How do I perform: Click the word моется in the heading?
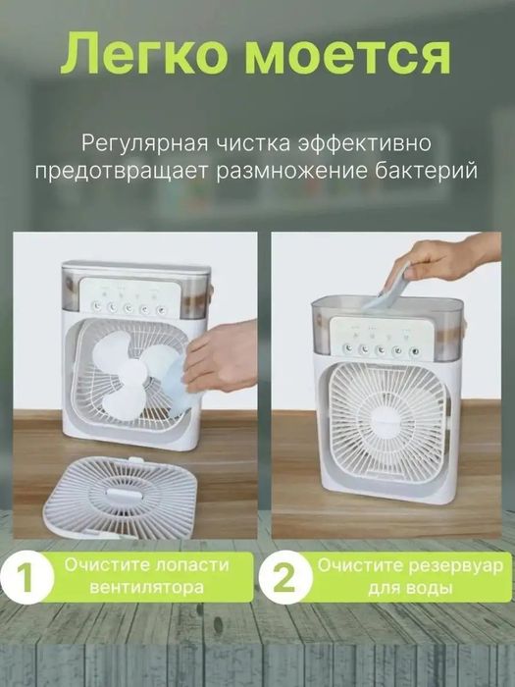(347, 56)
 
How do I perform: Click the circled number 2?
(284, 577)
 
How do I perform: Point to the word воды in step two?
(432, 589)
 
